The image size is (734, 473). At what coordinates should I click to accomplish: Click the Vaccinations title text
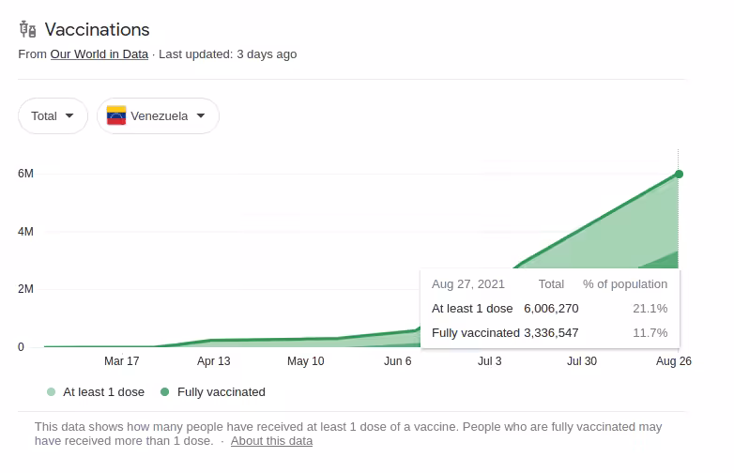tap(97, 30)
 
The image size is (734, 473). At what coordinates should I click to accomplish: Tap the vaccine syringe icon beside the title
tap(27, 30)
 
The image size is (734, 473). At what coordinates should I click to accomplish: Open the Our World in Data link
tap(99, 54)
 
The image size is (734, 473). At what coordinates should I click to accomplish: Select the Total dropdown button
tap(53, 116)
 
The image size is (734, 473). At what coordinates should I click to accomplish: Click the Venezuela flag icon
tap(116, 116)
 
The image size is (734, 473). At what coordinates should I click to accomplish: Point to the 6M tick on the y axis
tap(26, 174)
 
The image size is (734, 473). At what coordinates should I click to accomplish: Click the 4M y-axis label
tap(26, 232)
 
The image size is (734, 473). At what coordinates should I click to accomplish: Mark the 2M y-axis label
tap(26, 289)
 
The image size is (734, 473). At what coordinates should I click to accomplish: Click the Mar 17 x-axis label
tap(122, 361)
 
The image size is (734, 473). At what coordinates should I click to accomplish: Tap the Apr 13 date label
tap(214, 361)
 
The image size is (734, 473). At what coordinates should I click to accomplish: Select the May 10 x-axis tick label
tap(305, 361)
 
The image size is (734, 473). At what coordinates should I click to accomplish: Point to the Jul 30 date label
tap(582, 361)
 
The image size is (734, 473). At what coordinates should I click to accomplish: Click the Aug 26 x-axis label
tap(673, 361)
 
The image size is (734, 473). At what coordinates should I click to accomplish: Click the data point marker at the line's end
tap(679, 174)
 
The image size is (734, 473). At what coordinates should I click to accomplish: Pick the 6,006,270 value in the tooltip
tap(551, 308)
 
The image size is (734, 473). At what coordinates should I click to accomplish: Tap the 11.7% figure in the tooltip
tap(650, 332)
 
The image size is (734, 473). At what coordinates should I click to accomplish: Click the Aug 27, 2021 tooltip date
tap(468, 283)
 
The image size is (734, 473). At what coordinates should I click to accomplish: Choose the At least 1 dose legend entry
tap(103, 392)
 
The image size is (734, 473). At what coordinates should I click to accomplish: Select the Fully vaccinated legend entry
tap(221, 392)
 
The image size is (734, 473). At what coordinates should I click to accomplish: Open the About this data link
tap(271, 441)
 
